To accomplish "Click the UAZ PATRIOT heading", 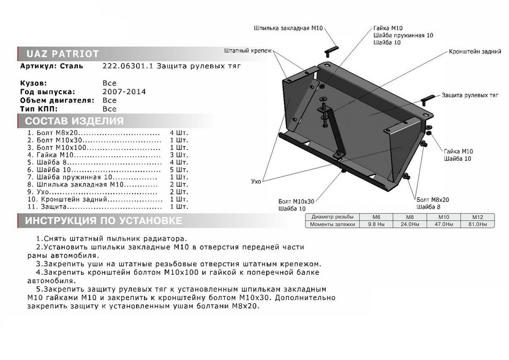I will [x=63, y=54].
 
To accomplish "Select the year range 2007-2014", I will [x=124, y=92].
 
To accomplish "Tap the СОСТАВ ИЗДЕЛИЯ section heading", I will [x=74, y=121].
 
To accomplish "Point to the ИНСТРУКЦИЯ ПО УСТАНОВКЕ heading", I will [x=103, y=221].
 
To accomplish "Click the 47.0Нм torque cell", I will [x=442, y=224].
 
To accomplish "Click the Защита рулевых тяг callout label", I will [x=470, y=96].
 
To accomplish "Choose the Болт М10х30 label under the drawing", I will [x=296, y=201].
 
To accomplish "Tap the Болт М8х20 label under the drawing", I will [x=433, y=200].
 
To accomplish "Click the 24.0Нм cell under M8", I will [x=406, y=224].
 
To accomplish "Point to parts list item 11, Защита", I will [x=53, y=207].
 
